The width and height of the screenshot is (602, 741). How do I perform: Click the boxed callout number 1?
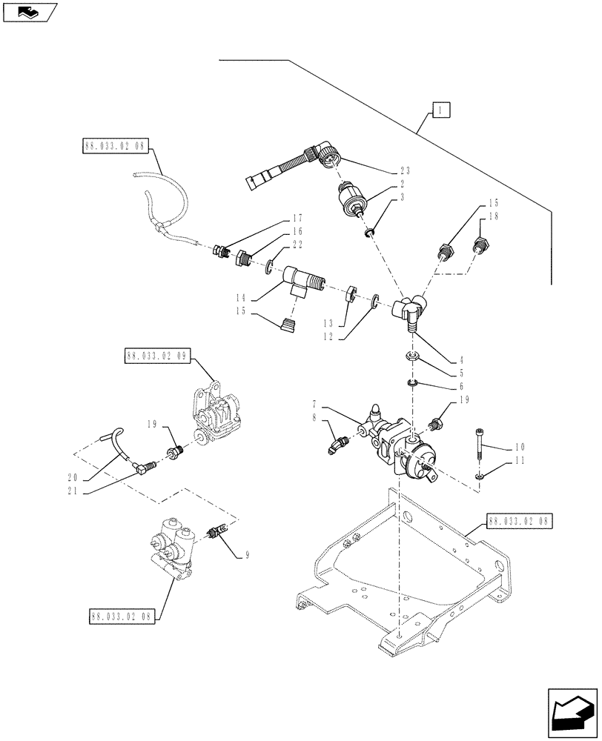(441, 110)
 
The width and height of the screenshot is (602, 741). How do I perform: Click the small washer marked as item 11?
(480, 477)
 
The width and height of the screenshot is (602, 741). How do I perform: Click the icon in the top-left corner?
(28, 11)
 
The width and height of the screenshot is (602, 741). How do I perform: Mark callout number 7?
(314, 405)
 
